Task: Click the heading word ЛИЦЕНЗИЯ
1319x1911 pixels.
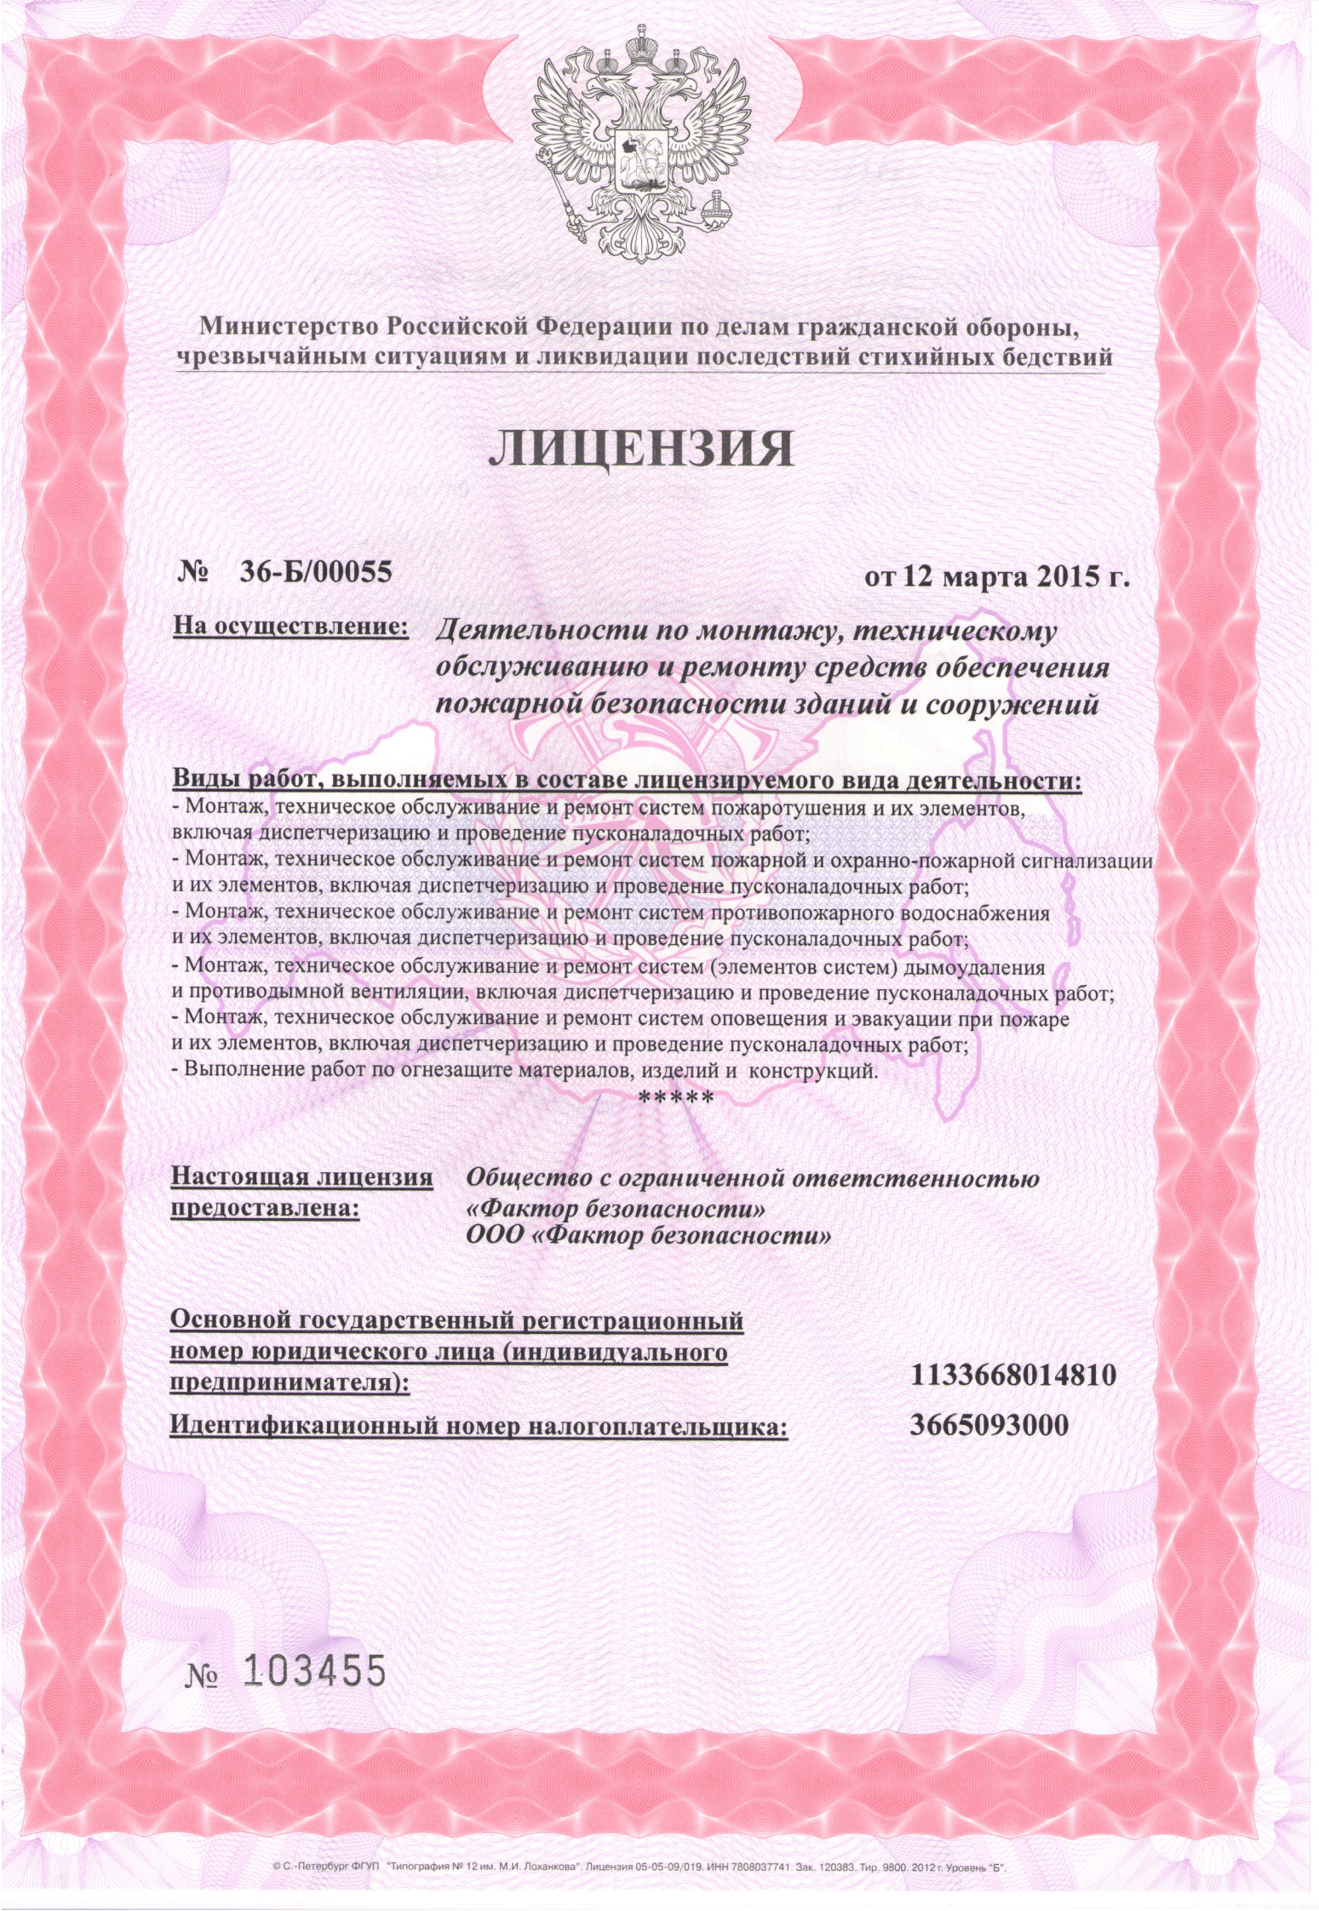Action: pyautogui.click(x=640, y=449)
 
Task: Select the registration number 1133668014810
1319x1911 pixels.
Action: pyautogui.click(x=1013, y=1374)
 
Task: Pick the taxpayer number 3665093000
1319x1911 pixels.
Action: pyautogui.click(x=989, y=1424)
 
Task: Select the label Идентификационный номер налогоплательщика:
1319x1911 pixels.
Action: pyautogui.click(x=479, y=1426)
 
